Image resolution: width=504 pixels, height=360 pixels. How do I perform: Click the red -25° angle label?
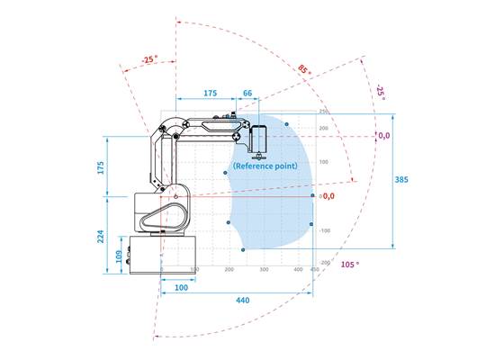pos(149,58)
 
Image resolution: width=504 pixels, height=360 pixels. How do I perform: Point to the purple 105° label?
pos(350,265)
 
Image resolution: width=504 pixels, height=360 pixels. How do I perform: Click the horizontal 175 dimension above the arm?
pos(210,92)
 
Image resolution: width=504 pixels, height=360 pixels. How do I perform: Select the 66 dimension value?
pos(248,92)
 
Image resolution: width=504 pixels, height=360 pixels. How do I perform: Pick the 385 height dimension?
pos(401,180)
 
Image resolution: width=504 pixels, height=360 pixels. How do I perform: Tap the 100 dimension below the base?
pos(181,286)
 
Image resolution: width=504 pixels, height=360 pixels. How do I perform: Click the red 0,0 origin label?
pos(328,195)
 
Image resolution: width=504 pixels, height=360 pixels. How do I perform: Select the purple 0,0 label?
pos(384,136)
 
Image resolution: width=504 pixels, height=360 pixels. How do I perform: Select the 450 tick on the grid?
pos(314,269)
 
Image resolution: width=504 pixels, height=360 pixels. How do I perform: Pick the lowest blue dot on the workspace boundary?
pos(243,249)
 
